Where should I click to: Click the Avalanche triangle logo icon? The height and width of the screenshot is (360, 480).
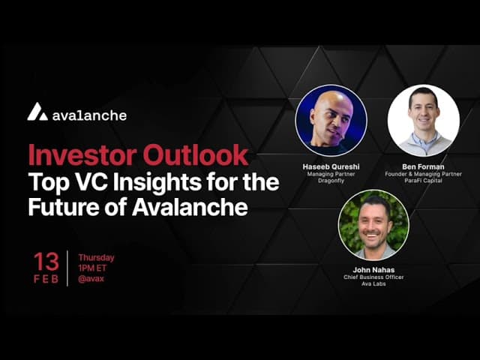pos(37,112)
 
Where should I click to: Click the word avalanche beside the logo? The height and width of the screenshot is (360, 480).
pos(90,115)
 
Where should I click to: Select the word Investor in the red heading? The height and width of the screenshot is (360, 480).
pos(79,155)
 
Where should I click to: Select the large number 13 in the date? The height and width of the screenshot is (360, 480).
pos(46,262)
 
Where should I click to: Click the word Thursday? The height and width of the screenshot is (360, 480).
pos(96,258)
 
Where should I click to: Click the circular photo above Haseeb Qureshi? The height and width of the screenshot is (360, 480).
pos(331,120)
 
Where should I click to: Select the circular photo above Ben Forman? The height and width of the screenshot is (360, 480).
pos(423,120)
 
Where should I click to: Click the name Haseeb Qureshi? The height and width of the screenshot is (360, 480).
pos(331,166)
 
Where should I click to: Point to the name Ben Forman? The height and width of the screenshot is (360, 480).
pos(423,166)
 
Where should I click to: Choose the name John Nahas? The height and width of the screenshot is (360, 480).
pos(373,269)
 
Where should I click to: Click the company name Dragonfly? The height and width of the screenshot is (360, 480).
pos(331,181)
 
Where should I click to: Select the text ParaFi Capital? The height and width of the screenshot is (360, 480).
pos(423,181)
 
